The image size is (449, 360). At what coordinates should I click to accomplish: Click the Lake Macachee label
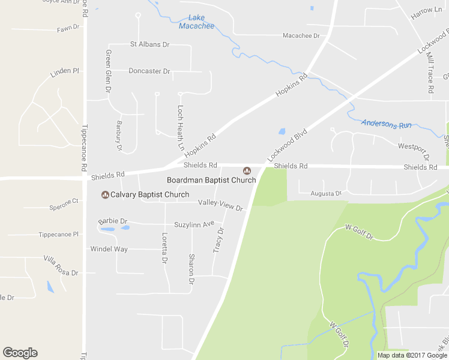(196, 22)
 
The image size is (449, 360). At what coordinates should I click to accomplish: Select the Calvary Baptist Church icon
(105, 194)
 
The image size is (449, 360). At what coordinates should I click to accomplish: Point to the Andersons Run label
(387, 124)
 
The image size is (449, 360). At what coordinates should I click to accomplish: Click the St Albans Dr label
(150, 44)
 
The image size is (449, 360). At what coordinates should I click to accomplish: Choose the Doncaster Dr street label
(149, 71)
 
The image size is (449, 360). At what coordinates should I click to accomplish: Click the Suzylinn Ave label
(194, 224)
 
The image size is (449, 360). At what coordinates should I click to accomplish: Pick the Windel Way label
(109, 248)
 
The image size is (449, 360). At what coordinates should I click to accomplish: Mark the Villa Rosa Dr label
(61, 265)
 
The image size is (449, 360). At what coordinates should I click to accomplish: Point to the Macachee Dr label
(301, 35)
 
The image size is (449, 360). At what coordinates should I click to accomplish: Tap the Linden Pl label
(65, 72)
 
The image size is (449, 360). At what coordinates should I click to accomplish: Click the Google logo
(20, 353)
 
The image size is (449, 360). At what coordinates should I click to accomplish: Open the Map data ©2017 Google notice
(412, 355)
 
